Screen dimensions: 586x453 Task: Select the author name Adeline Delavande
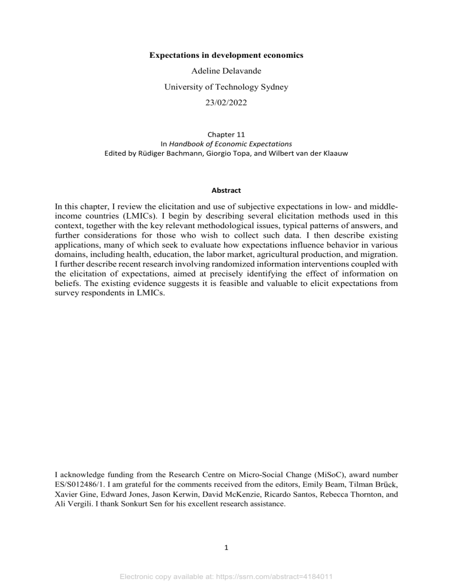pyautogui.click(x=226, y=74)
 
